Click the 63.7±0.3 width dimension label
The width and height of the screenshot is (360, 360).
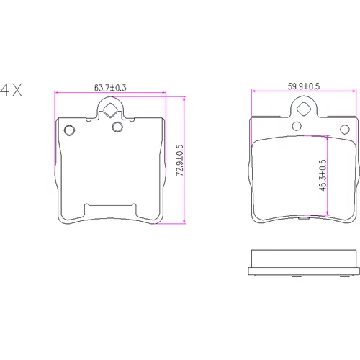tap(110, 88)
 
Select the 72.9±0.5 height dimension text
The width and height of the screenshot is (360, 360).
tap(179, 160)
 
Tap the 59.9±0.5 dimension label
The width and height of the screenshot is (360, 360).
tap(304, 86)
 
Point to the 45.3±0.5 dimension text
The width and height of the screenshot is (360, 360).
tap(323, 175)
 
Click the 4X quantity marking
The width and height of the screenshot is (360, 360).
tap(11, 90)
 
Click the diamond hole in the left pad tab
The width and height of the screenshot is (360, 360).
tap(110, 109)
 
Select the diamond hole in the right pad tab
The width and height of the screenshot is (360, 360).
tap(304, 109)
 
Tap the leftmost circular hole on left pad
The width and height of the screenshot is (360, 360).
tap(69, 130)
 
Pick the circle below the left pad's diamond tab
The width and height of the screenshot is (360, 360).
tap(117, 127)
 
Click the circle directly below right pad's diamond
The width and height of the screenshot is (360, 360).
tap(297, 126)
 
